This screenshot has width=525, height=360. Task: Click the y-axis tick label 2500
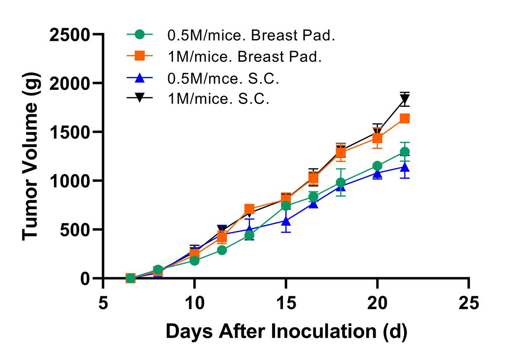point(70,35)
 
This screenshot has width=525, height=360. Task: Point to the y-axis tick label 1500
point(70,132)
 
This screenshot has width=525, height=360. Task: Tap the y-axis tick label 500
point(75,230)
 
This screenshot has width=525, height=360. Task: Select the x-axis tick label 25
point(468,303)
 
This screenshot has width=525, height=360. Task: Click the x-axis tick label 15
point(286,303)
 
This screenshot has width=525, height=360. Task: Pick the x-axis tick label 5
point(103,303)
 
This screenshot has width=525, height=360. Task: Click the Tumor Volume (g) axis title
point(31,156)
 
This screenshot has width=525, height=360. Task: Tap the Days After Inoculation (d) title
point(286,331)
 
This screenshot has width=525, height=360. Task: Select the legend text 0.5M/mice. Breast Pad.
point(251,35)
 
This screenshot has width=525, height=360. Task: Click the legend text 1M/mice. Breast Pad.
point(245,57)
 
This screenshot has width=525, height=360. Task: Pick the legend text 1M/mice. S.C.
point(218,99)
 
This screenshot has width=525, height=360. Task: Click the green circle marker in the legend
point(140,34)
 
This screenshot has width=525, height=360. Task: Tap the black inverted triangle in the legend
point(140,98)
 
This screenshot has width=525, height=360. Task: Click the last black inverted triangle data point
point(404,99)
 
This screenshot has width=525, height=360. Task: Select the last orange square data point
point(404,118)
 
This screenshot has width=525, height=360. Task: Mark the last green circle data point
point(404,152)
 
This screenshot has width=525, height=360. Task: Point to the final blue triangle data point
point(404,167)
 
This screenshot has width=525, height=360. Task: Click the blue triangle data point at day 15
point(286,221)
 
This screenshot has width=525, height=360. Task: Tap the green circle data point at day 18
point(340,182)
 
